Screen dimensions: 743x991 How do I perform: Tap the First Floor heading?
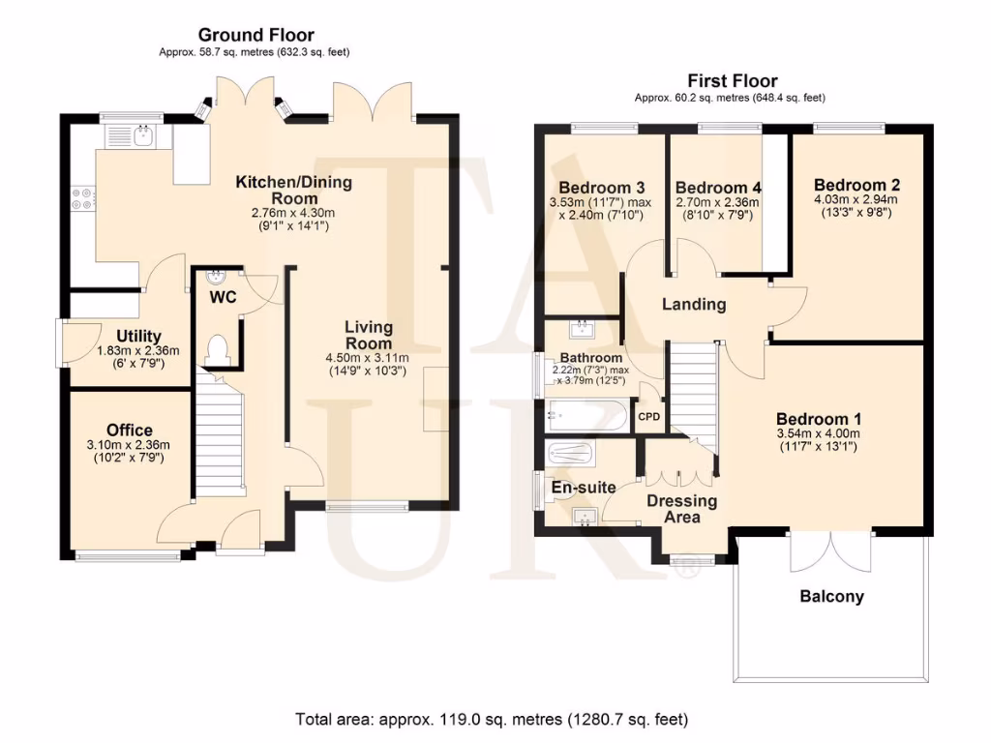732,81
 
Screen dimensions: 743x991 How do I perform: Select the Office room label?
130,430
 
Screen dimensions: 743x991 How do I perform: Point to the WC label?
223,297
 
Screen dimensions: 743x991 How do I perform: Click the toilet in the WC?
218,348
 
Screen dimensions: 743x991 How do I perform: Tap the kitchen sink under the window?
143,136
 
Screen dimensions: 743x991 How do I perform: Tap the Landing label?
694,304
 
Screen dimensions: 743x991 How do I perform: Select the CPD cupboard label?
648,417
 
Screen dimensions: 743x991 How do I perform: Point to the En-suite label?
584,487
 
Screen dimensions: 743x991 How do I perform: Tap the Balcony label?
831,596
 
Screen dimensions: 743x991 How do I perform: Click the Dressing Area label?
682,508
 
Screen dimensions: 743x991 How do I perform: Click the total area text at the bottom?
492,719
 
